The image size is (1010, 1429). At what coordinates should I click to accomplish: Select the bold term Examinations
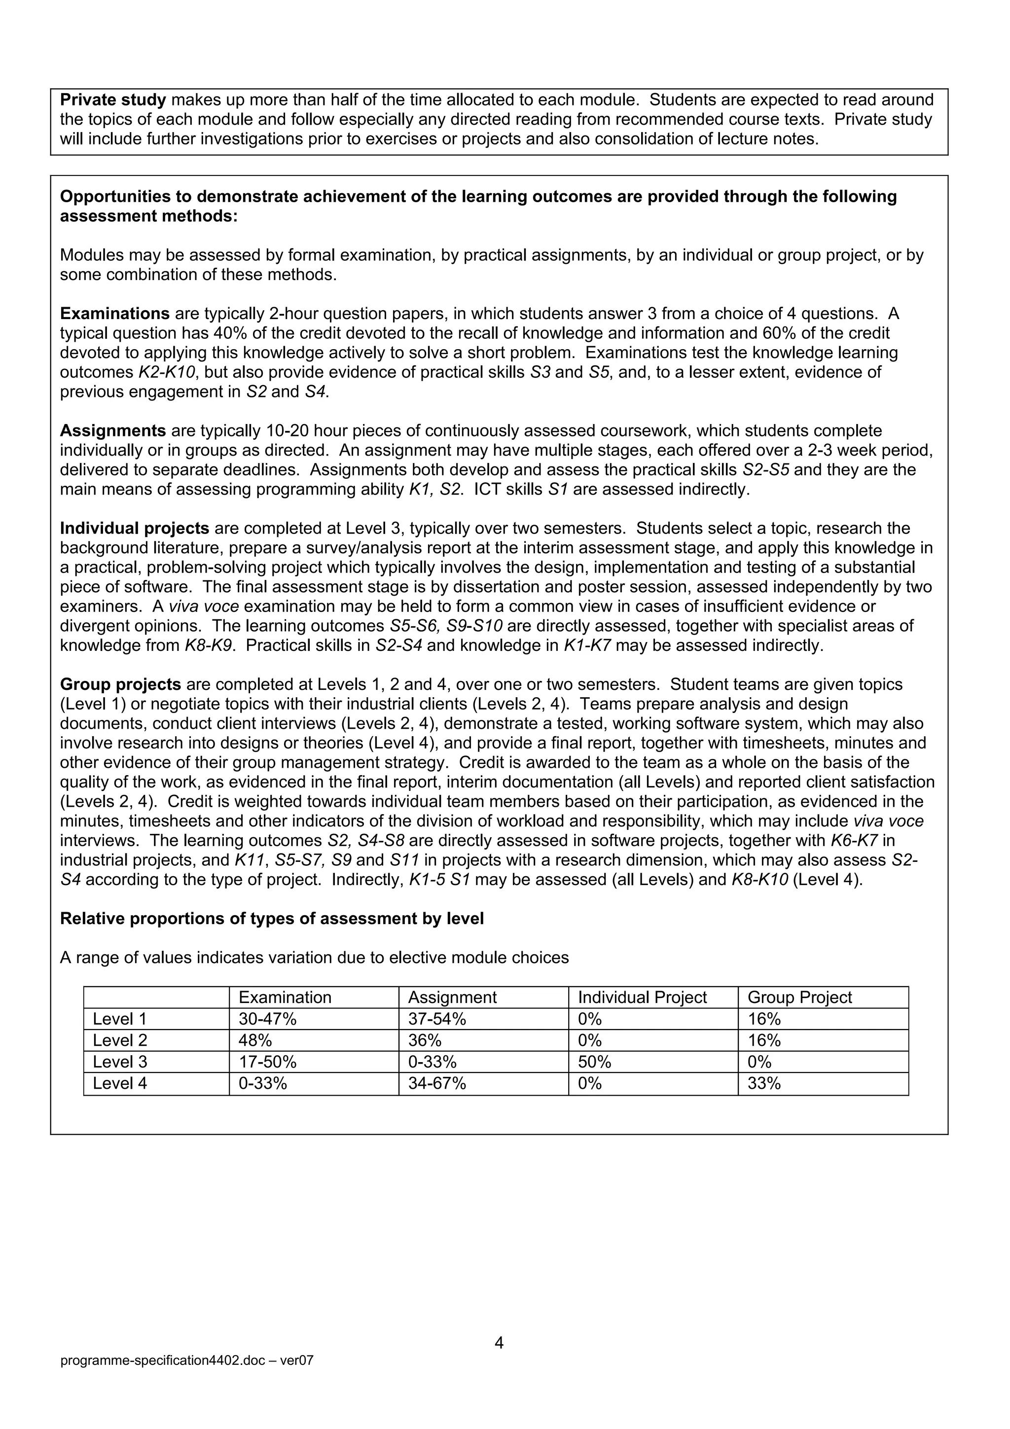pyautogui.click(x=114, y=314)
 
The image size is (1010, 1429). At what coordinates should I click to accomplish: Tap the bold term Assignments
pyautogui.click(x=112, y=430)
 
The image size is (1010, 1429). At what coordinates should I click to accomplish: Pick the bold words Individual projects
pyautogui.click(x=135, y=529)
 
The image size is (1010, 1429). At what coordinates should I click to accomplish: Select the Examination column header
pyautogui.click(x=285, y=998)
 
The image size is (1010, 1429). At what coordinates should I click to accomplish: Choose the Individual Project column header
pyautogui.click(x=642, y=998)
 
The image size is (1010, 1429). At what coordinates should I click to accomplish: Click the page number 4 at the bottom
pyautogui.click(x=499, y=1343)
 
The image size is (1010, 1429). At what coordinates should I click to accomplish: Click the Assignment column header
pyautogui.click(x=452, y=998)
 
